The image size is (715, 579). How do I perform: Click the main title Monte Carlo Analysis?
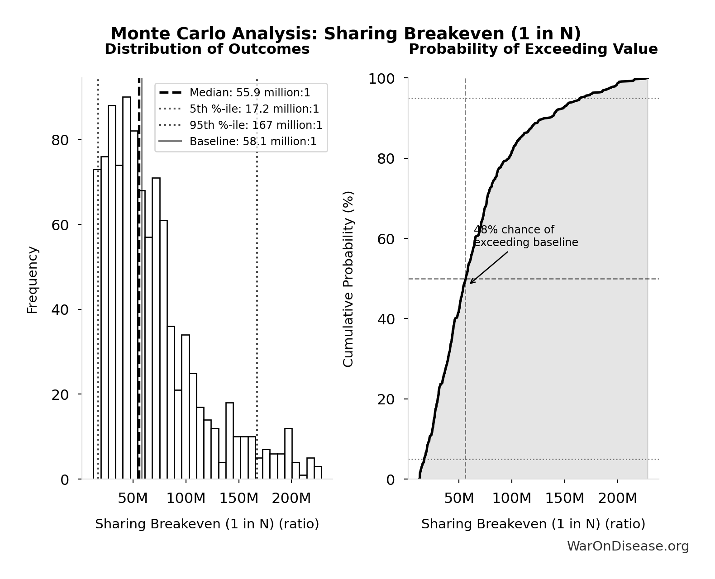tap(345, 33)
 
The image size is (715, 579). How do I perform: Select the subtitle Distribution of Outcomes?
tap(207, 49)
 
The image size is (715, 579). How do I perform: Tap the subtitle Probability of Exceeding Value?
tap(533, 49)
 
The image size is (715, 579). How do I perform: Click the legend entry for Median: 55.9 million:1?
tap(249, 93)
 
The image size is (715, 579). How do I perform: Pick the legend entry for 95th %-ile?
tap(256, 125)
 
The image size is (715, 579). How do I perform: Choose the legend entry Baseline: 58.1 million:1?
tap(253, 142)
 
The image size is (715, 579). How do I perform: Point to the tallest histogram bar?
tap(127, 289)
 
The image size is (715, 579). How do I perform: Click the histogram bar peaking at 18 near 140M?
tap(229, 441)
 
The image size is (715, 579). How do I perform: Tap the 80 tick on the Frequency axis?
tap(60, 140)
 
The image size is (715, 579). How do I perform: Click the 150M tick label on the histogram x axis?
tap(238, 499)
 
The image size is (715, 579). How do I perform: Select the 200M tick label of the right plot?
tap(617, 499)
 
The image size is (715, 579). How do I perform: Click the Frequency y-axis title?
tap(32, 280)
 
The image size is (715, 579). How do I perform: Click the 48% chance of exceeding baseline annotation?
tap(525, 236)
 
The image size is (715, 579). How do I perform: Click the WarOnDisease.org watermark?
tap(628, 546)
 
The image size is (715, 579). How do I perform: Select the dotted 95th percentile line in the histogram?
tap(257, 317)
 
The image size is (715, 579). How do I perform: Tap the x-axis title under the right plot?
tap(533, 524)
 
